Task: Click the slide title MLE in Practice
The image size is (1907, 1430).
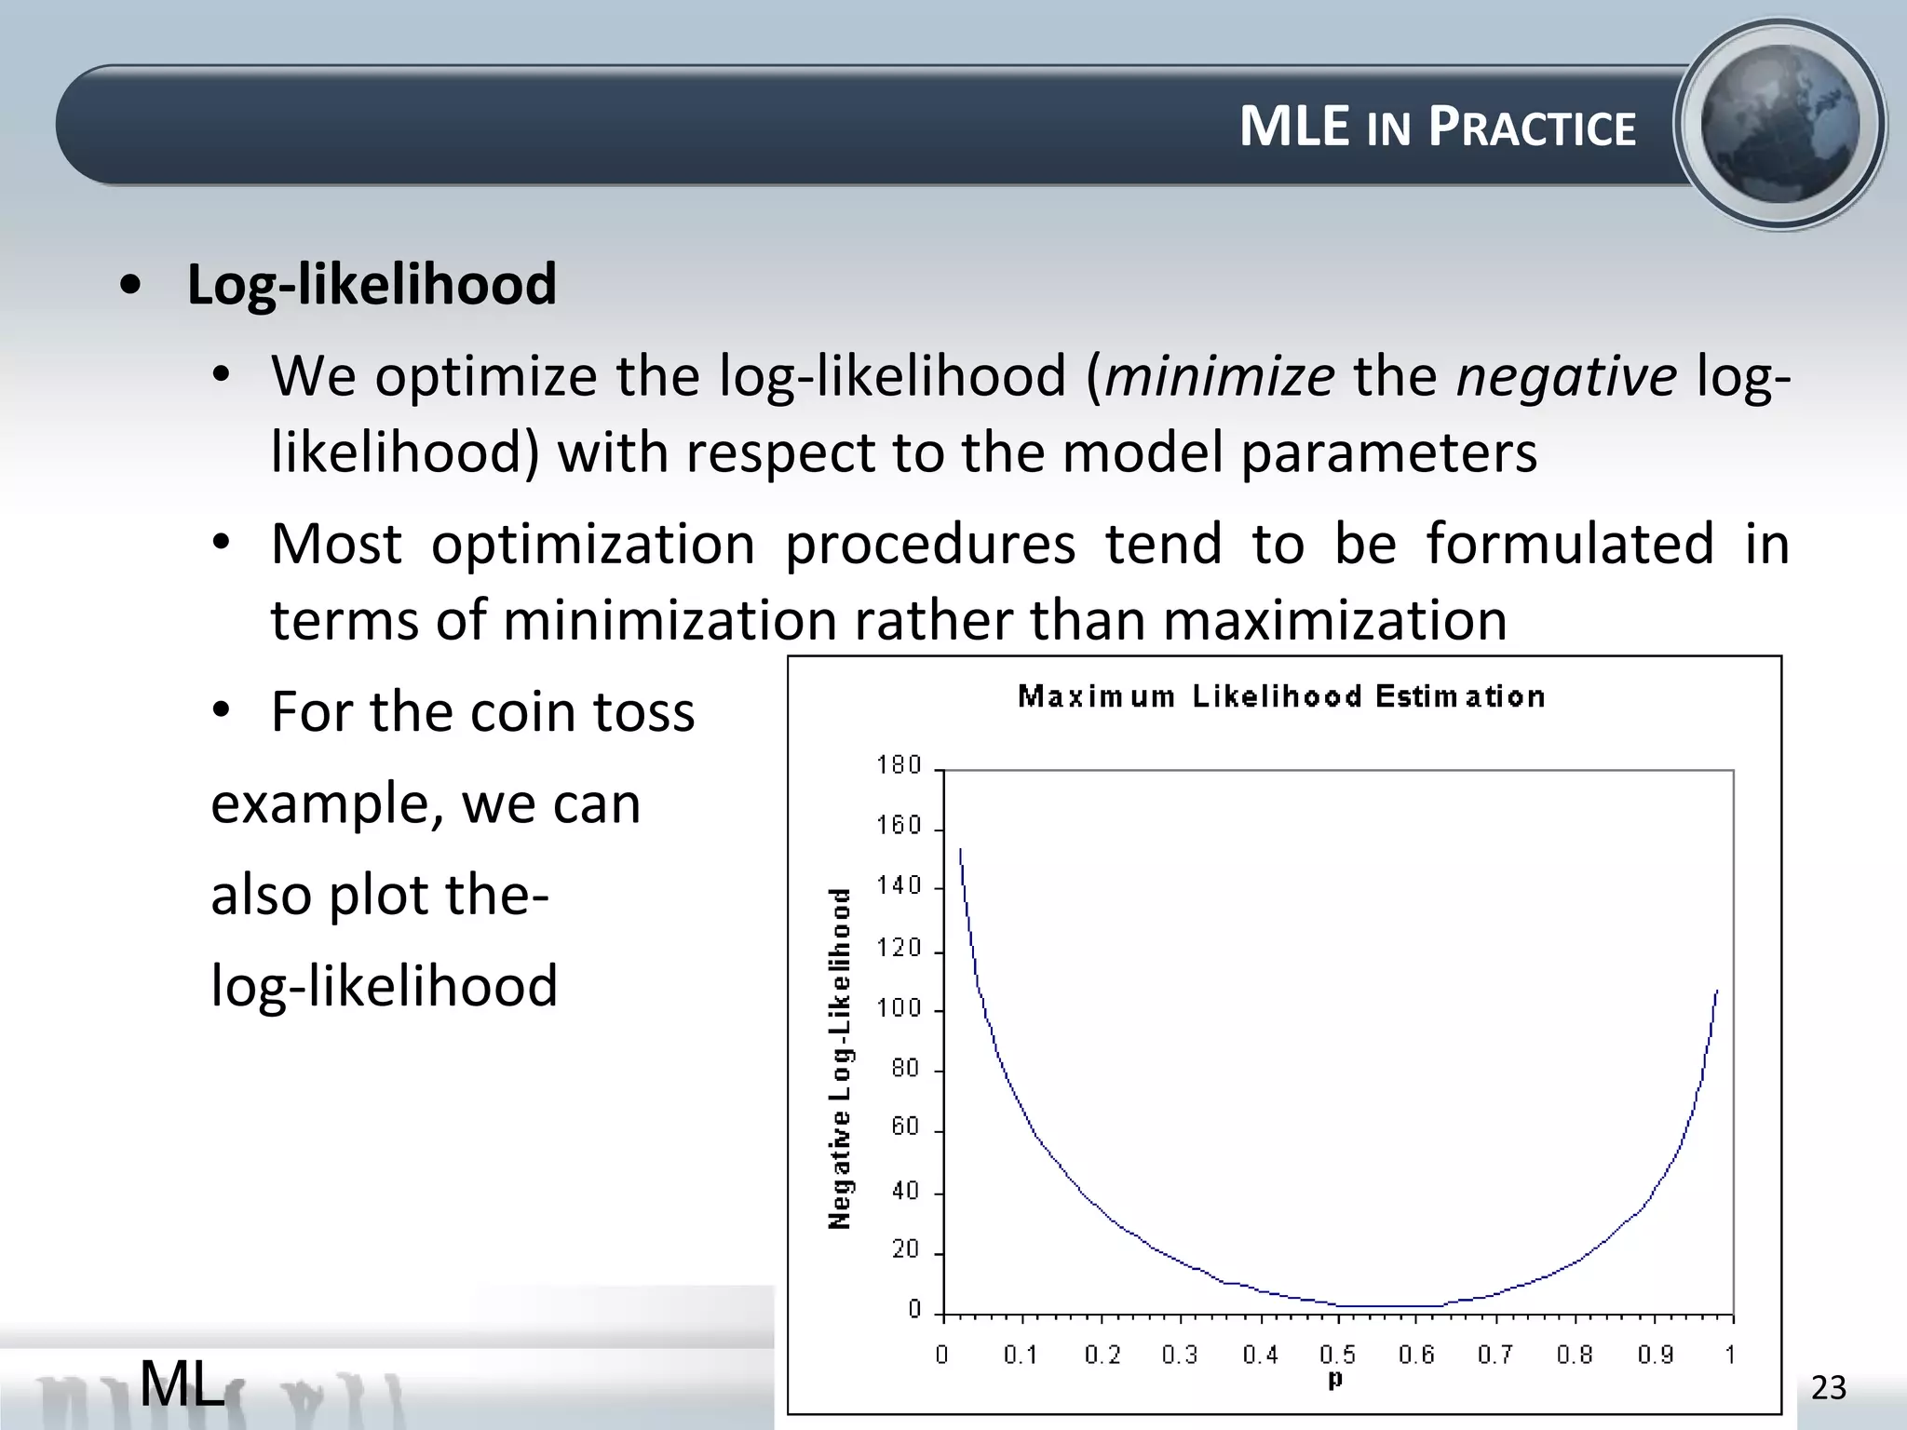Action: [1437, 127]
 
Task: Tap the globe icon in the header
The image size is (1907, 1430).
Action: [1779, 125]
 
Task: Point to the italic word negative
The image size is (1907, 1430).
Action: [1566, 377]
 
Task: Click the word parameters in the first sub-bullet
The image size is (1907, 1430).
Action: [1388, 453]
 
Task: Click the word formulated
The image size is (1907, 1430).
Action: [1570, 544]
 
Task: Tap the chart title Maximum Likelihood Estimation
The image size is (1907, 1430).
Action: [1281, 696]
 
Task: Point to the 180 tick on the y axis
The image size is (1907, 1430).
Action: [899, 765]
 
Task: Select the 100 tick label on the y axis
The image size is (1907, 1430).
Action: [899, 1008]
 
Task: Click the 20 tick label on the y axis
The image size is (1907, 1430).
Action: [905, 1249]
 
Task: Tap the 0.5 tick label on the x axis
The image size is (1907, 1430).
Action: [1337, 1355]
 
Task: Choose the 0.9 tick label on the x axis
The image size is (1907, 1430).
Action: [1655, 1355]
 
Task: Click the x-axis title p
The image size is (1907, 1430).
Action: [1335, 1379]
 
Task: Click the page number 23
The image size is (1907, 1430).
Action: [1828, 1388]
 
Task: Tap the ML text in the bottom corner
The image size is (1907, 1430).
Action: [183, 1383]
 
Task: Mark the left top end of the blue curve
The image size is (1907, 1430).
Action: [960, 850]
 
